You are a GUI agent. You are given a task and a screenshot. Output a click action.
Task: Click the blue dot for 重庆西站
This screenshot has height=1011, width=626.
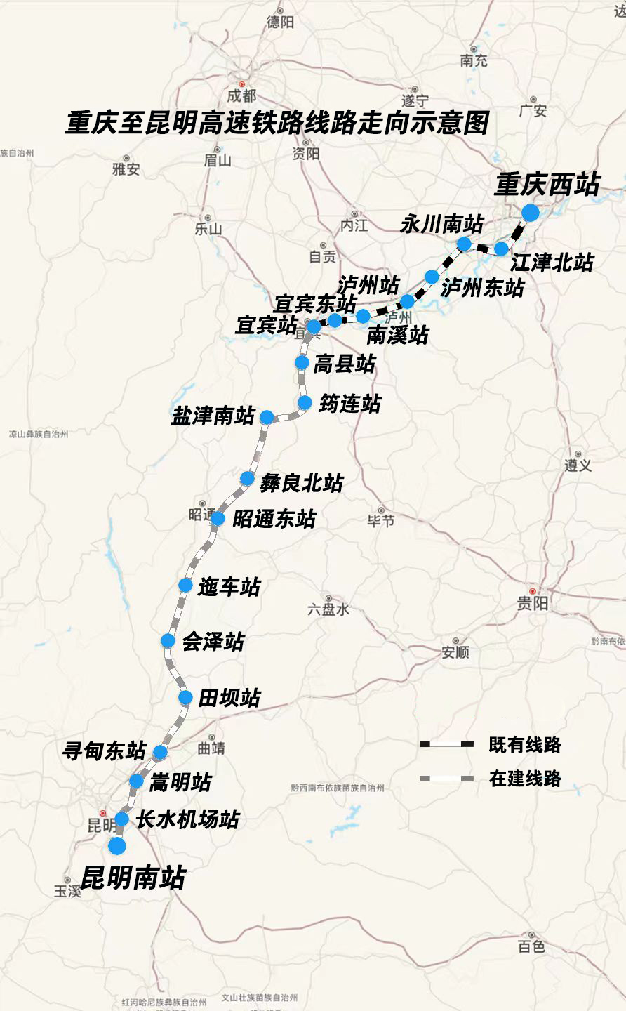coord(530,213)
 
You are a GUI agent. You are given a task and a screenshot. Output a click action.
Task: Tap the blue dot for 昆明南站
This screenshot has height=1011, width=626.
coord(117,846)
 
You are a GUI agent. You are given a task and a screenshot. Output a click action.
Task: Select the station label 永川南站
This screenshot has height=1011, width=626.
coord(441,224)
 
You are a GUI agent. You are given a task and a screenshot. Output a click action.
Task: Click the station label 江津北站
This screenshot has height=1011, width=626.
coord(552,263)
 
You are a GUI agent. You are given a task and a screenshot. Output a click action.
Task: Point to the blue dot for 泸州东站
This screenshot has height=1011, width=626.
coord(432,277)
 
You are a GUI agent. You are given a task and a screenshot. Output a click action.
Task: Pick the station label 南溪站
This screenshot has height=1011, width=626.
coord(397,335)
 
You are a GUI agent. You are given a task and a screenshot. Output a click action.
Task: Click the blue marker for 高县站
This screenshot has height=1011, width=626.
coord(302,362)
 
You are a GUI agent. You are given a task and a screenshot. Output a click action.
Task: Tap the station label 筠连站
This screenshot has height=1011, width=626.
coord(349,404)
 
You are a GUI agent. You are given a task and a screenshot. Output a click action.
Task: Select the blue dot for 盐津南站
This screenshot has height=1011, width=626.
coord(267,417)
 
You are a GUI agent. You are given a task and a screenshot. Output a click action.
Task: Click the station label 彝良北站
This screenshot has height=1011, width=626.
coord(301,483)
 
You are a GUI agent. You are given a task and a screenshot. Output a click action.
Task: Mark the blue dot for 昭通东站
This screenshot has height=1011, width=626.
coord(218,519)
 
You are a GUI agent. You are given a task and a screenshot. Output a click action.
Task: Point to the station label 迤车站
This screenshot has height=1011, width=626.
coord(229,587)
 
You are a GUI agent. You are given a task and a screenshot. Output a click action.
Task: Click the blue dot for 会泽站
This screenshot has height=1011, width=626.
coord(168,640)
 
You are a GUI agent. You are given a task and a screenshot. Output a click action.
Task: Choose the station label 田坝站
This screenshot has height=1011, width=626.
coord(229,698)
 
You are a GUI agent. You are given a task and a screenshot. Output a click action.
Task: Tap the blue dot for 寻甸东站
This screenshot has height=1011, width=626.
coord(160,753)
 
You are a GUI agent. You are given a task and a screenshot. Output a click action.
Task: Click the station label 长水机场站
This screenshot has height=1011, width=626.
coord(187,819)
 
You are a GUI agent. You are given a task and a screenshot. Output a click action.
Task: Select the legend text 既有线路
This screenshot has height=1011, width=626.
coord(525,745)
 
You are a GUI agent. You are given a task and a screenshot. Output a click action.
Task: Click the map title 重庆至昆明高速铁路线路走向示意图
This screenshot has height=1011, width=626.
coord(277,124)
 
